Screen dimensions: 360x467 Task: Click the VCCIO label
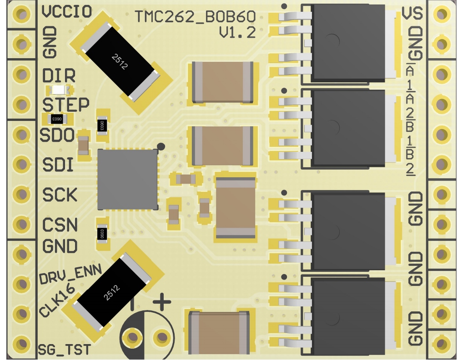(x=66, y=12)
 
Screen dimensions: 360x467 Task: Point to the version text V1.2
(x=237, y=32)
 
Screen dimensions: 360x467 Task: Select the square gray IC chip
(x=128, y=179)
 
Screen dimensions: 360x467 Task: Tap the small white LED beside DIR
(x=57, y=90)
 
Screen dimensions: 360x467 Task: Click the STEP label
(x=65, y=105)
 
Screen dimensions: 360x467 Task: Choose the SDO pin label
(x=57, y=135)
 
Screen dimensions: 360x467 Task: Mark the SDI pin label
(x=58, y=165)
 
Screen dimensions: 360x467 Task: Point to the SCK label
(x=60, y=195)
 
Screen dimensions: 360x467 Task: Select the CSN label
(x=60, y=225)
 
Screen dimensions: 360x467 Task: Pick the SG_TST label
(x=64, y=349)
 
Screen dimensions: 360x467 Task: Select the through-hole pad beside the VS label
(x=440, y=15)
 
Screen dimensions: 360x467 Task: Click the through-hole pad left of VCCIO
(x=20, y=15)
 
